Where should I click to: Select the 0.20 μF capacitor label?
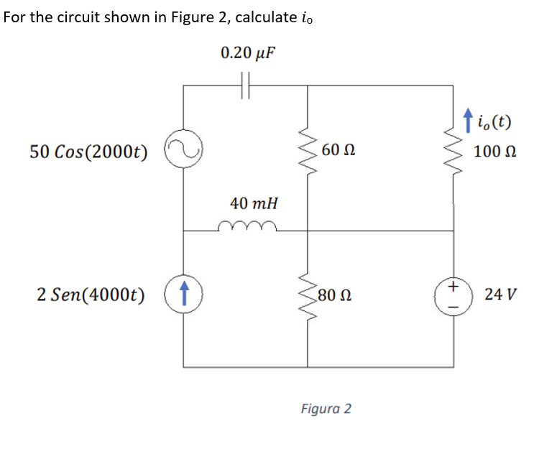pos(248,53)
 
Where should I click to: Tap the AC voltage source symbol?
pos(183,152)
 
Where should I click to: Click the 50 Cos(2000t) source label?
pos(89,152)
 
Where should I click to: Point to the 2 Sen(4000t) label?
pos(90,295)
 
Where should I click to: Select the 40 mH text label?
pos(254,203)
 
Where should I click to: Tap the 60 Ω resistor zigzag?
pos(309,152)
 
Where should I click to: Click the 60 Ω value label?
pos(339,151)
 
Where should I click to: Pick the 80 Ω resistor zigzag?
pos(309,295)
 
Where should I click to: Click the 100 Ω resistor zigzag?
pos(454,152)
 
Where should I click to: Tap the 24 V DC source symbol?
pos(454,295)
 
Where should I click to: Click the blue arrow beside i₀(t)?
pos(469,120)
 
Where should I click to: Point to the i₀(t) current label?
pos(494,121)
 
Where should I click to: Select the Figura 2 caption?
pos(326,409)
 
